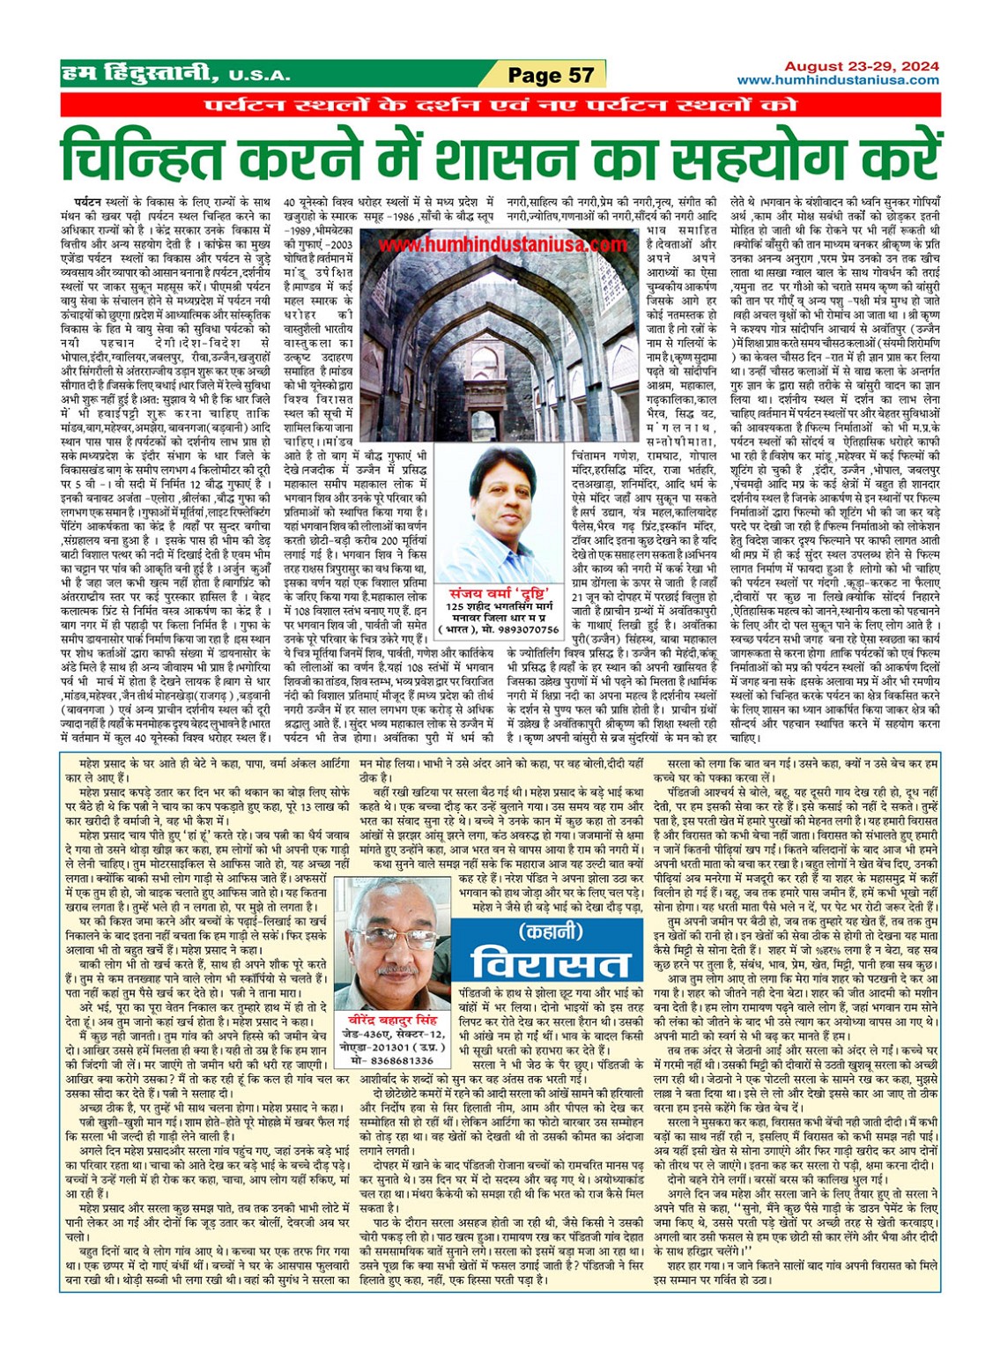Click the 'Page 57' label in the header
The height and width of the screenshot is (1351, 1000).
(x=550, y=75)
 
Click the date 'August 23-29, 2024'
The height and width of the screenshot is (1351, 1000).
(x=861, y=66)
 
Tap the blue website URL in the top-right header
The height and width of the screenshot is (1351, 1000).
(x=837, y=80)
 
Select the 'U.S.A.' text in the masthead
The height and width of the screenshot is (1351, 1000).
(x=261, y=76)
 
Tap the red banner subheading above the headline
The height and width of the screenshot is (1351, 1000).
(x=500, y=106)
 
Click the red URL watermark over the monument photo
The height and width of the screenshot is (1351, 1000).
(x=502, y=244)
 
